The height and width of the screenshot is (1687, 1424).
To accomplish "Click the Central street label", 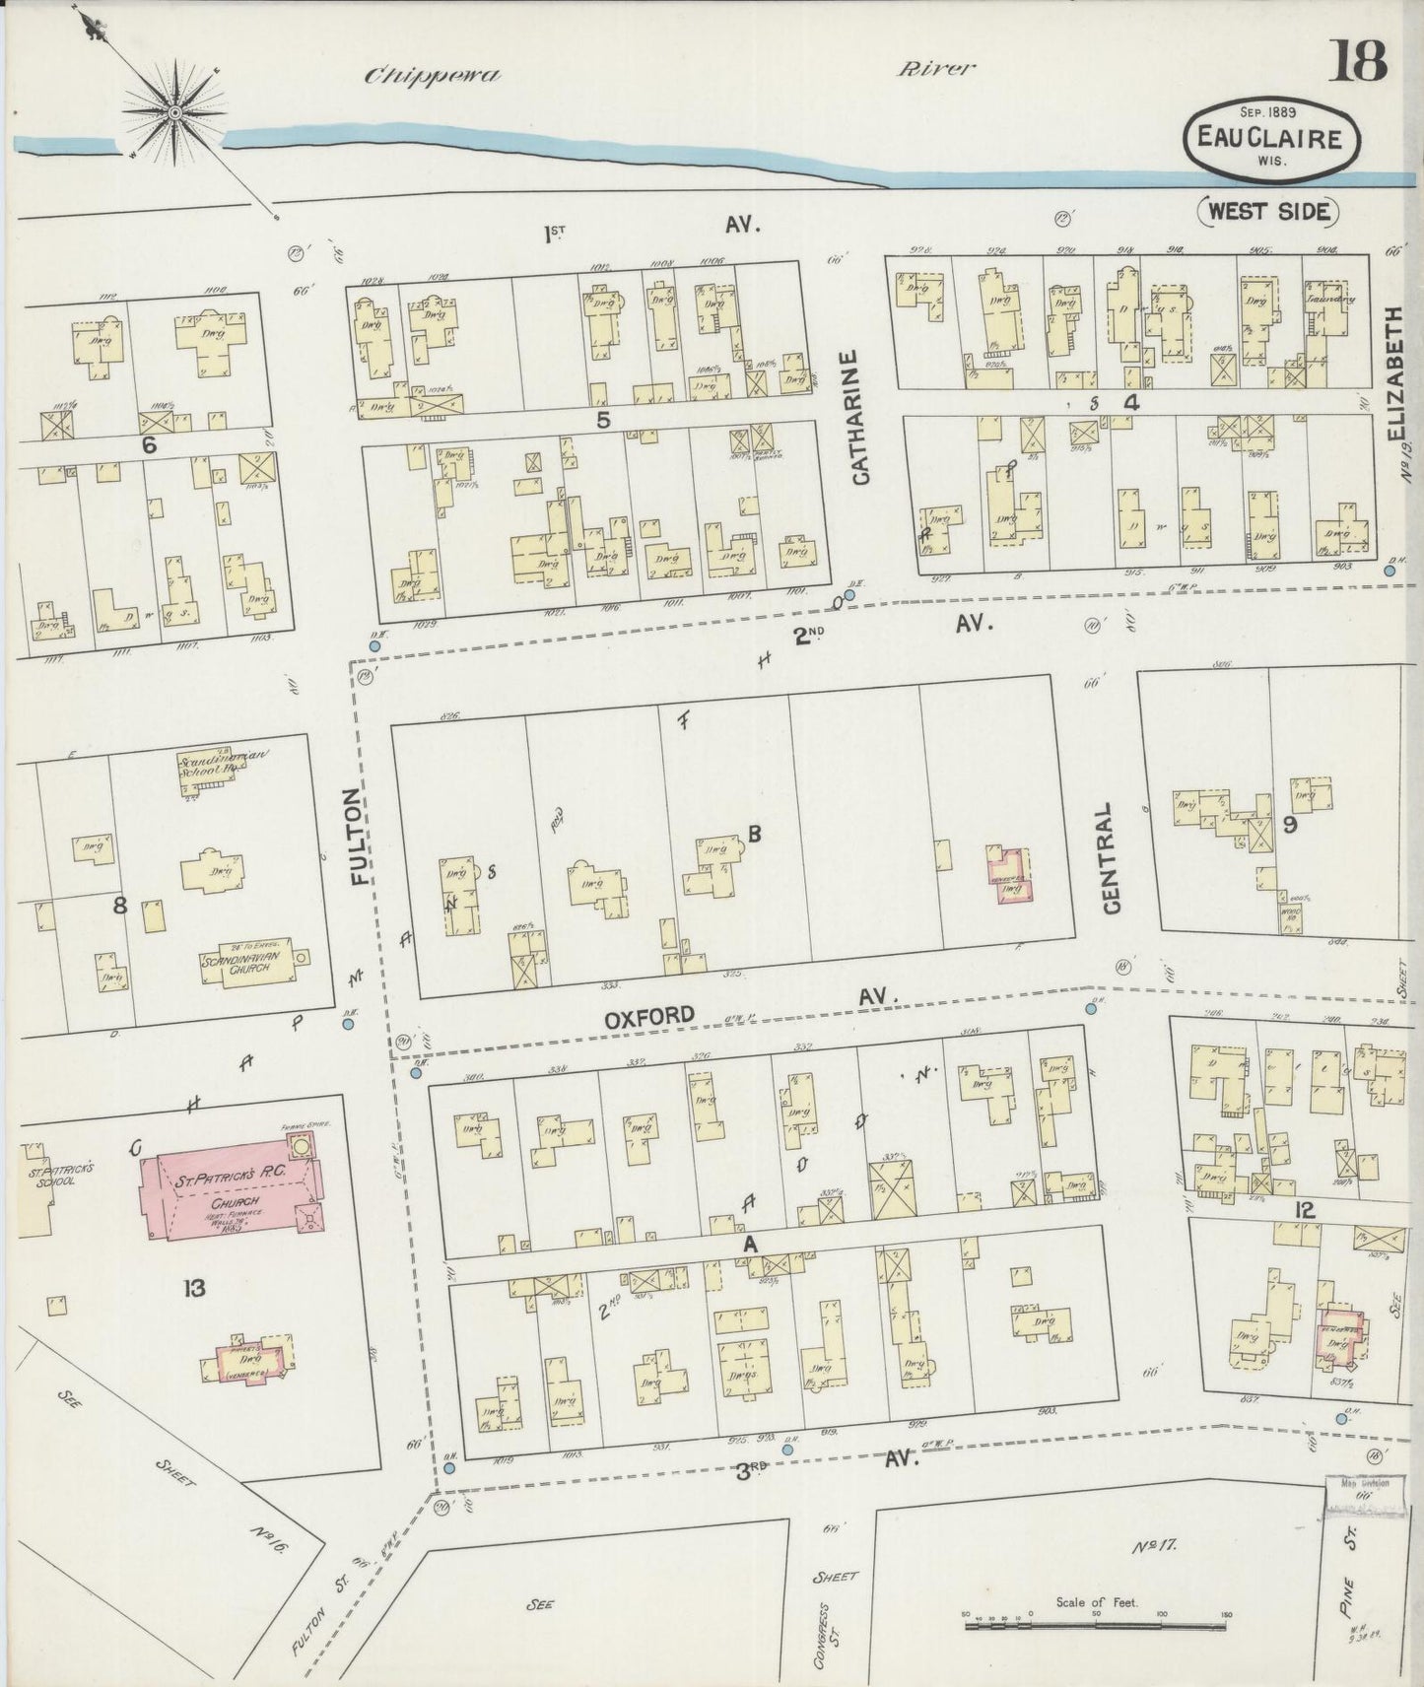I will tap(1112, 857).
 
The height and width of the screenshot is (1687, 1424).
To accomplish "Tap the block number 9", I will tap(1288, 826).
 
